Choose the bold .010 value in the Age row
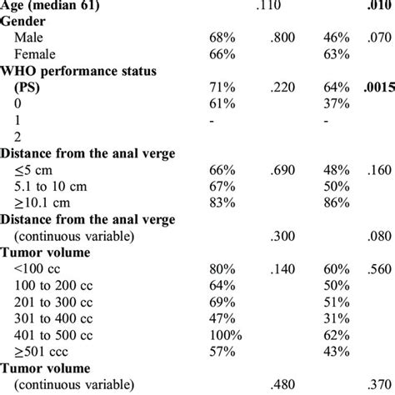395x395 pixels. pyautogui.click(x=374, y=7)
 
